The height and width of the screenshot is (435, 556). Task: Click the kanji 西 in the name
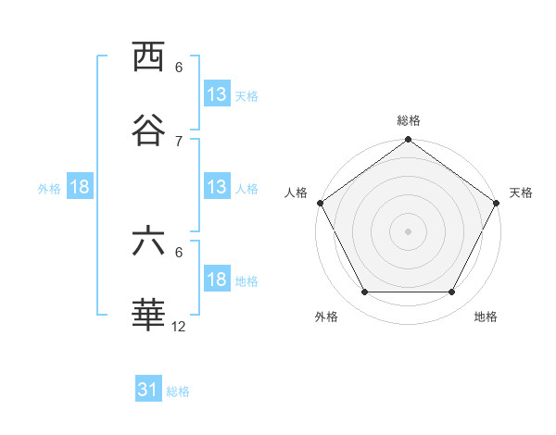(x=148, y=57)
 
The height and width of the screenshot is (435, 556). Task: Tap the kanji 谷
(x=148, y=130)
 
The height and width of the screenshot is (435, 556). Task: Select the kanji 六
(x=148, y=242)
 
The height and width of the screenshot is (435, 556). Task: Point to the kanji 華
(x=148, y=317)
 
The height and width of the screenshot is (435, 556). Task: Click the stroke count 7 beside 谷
(x=179, y=141)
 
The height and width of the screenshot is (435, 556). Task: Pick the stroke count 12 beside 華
(x=180, y=327)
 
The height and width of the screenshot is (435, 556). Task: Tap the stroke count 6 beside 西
(x=179, y=68)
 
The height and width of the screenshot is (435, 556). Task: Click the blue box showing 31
(x=148, y=391)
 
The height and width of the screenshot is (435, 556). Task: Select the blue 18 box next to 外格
(x=80, y=188)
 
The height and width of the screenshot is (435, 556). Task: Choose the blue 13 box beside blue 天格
(x=216, y=95)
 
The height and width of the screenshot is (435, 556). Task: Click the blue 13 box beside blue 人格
(x=216, y=188)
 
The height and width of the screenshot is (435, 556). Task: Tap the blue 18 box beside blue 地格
(x=216, y=280)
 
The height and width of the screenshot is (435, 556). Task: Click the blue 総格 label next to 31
(x=178, y=391)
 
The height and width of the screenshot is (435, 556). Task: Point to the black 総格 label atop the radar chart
(x=409, y=120)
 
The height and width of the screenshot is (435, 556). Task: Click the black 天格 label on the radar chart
(x=521, y=193)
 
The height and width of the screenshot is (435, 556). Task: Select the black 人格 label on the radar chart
(x=297, y=193)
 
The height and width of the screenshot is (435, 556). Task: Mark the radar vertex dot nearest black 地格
(x=452, y=292)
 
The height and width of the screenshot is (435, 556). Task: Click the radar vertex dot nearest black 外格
(x=364, y=292)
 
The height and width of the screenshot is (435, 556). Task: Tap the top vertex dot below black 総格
(x=409, y=141)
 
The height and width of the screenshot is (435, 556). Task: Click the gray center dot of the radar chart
(x=409, y=230)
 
